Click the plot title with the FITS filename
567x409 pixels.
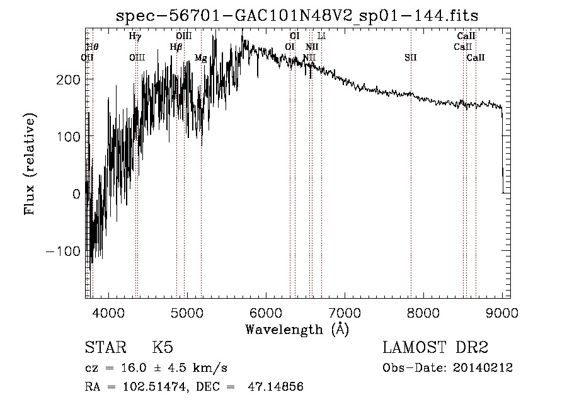[x=297, y=16]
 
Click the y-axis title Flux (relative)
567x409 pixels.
[x=30, y=164]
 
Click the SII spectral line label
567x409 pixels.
[x=411, y=58]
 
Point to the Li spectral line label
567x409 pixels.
[x=321, y=36]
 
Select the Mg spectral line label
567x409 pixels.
[x=200, y=58]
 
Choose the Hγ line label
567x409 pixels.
[x=135, y=36]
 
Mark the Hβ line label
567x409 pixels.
[x=176, y=47]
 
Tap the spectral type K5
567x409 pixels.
[x=163, y=348]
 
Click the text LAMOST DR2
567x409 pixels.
[x=435, y=348]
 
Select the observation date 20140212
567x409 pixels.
[x=483, y=368]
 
